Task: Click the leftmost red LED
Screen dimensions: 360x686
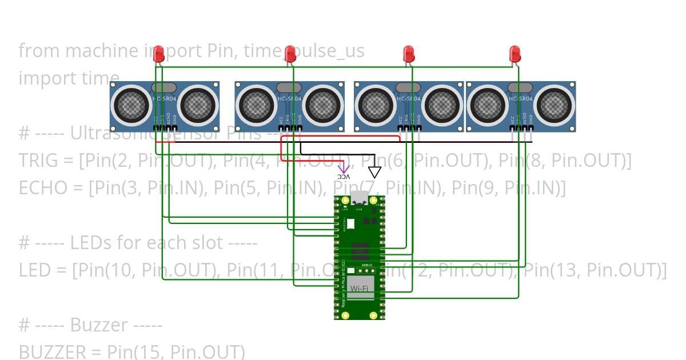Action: [159, 54]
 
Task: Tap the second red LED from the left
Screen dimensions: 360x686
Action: [290, 54]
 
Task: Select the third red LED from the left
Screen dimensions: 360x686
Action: [409, 54]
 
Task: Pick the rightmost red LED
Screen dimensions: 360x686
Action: [515, 54]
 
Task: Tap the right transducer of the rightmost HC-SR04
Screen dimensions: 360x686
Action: [554, 105]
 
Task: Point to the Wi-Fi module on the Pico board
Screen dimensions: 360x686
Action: [359, 288]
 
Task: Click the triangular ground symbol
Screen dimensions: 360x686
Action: [374, 171]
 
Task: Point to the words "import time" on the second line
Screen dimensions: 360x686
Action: [69, 78]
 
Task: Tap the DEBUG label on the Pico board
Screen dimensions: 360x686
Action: [368, 266]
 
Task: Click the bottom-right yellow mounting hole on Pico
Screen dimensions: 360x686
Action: [373, 315]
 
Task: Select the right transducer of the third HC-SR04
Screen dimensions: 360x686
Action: [441, 105]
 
